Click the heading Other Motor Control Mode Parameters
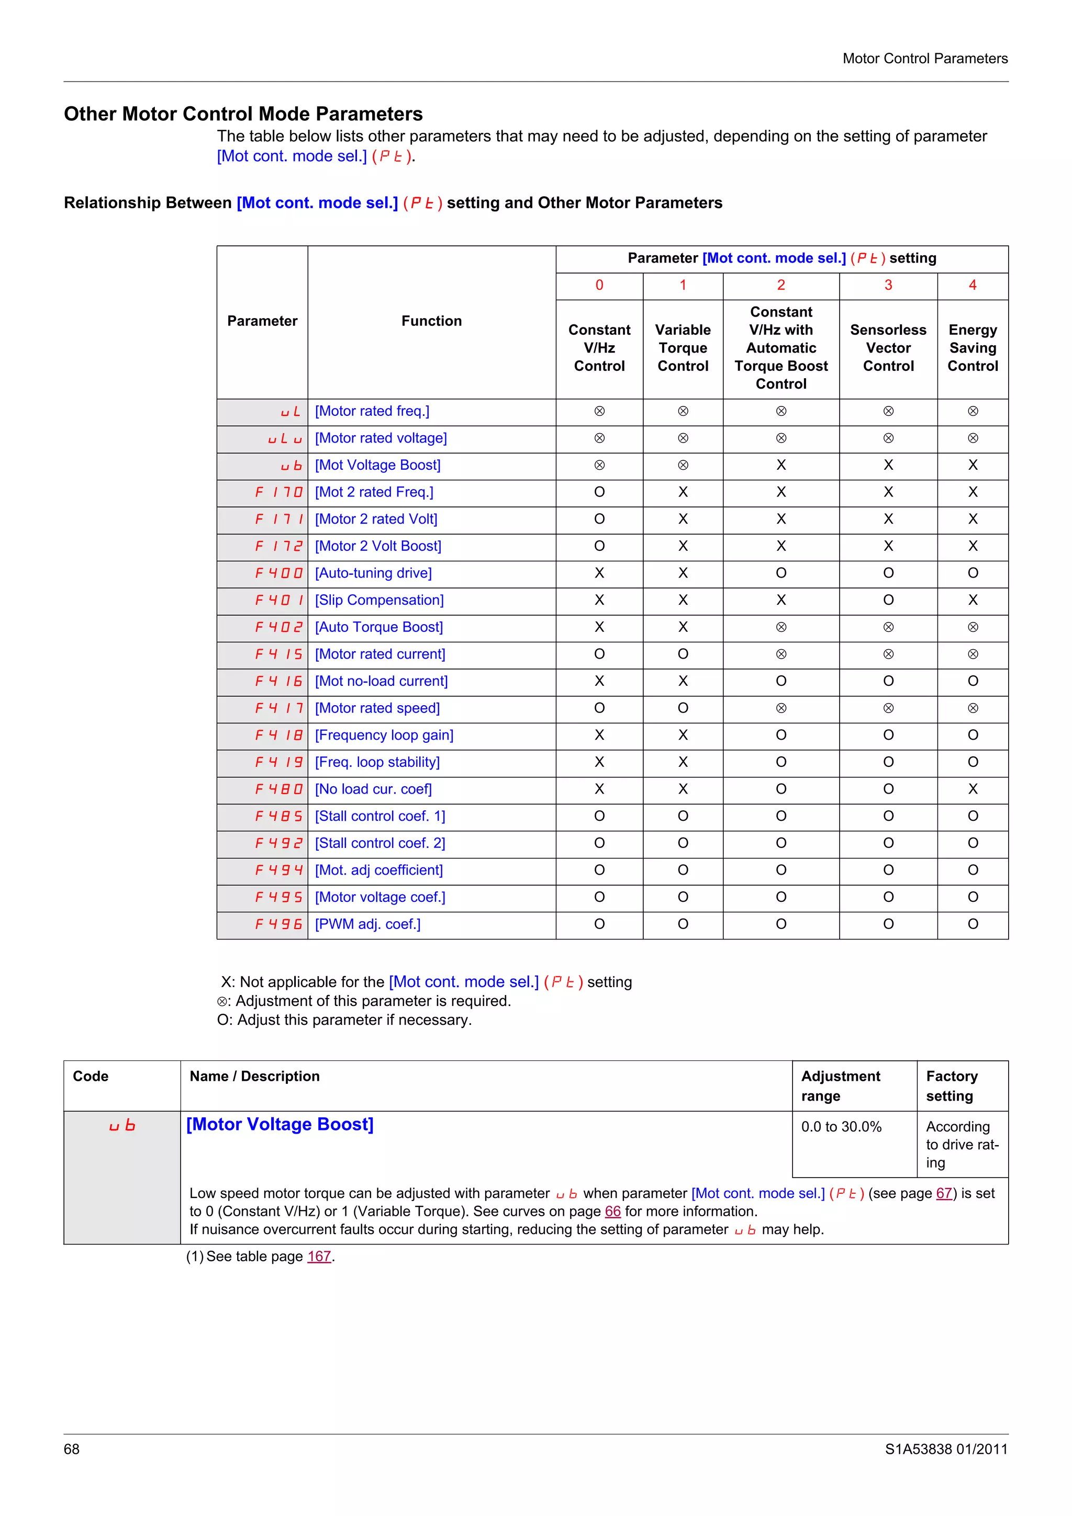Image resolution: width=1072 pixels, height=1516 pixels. (x=243, y=114)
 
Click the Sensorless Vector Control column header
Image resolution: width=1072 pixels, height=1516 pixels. (x=888, y=348)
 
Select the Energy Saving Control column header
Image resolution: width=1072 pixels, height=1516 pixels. (x=972, y=348)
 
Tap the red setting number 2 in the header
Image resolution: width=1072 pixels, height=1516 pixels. (x=781, y=285)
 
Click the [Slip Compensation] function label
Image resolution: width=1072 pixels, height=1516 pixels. (x=379, y=600)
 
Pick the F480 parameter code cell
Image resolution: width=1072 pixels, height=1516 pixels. (x=279, y=789)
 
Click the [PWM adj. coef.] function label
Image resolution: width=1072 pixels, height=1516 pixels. (x=367, y=924)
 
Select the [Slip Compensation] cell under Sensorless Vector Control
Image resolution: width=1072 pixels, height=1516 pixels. (x=888, y=600)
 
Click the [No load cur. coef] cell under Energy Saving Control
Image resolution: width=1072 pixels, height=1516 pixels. (x=972, y=789)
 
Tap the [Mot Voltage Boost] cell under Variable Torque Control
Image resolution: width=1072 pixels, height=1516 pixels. (x=683, y=465)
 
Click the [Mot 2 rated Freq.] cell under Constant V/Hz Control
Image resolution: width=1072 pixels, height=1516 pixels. (x=599, y=492)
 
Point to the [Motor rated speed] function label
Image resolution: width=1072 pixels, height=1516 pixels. (x=377, y=708)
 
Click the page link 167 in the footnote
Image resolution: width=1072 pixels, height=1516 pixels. (x=319, y=1257)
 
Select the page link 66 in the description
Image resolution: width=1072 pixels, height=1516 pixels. (x=612, y=1212)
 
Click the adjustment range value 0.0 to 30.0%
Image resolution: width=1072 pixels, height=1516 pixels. (x=841, y=1127)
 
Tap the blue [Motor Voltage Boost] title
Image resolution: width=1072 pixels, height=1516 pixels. (x=280, y=1125)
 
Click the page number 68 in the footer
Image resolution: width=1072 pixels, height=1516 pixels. (x=71, y=1450)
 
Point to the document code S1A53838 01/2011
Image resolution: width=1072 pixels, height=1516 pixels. (x=946, y=1450)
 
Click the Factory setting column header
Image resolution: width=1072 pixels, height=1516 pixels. (x=951, y=1086)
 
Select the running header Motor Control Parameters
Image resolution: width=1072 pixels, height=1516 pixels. (x=925, y=59)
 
